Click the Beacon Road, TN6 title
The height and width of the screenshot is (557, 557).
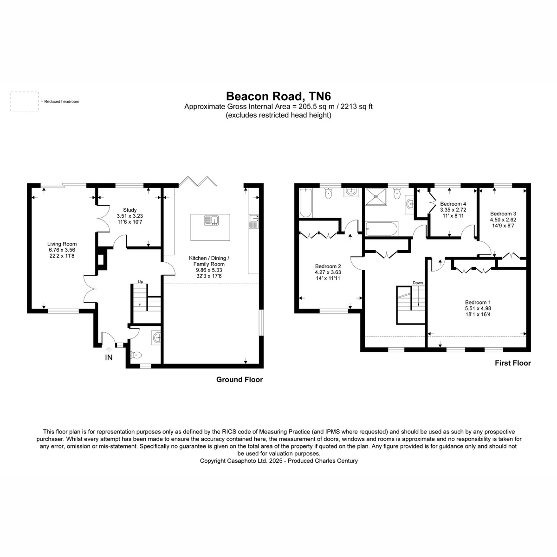[278, 96]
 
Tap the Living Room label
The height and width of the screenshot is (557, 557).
[62, 244]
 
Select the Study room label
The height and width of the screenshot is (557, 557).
[130, 210]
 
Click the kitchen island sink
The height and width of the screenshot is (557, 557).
[212, 220]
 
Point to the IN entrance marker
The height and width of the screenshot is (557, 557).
[109, 357]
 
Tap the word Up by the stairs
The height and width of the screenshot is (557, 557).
[141, 282]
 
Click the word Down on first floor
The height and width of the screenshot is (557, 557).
[418, 283]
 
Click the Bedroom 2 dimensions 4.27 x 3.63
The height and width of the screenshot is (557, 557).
[328, 272]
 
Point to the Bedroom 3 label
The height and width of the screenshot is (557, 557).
[503, 214]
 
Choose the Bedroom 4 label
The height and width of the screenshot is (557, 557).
[453, 204]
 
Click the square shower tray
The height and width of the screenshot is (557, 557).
[376, 196]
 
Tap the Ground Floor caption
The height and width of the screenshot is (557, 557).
[240, 380]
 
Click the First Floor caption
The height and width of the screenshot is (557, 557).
[513, 363]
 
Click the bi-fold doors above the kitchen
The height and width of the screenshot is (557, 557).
[198, 181]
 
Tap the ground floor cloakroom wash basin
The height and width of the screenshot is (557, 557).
[156, 337]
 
